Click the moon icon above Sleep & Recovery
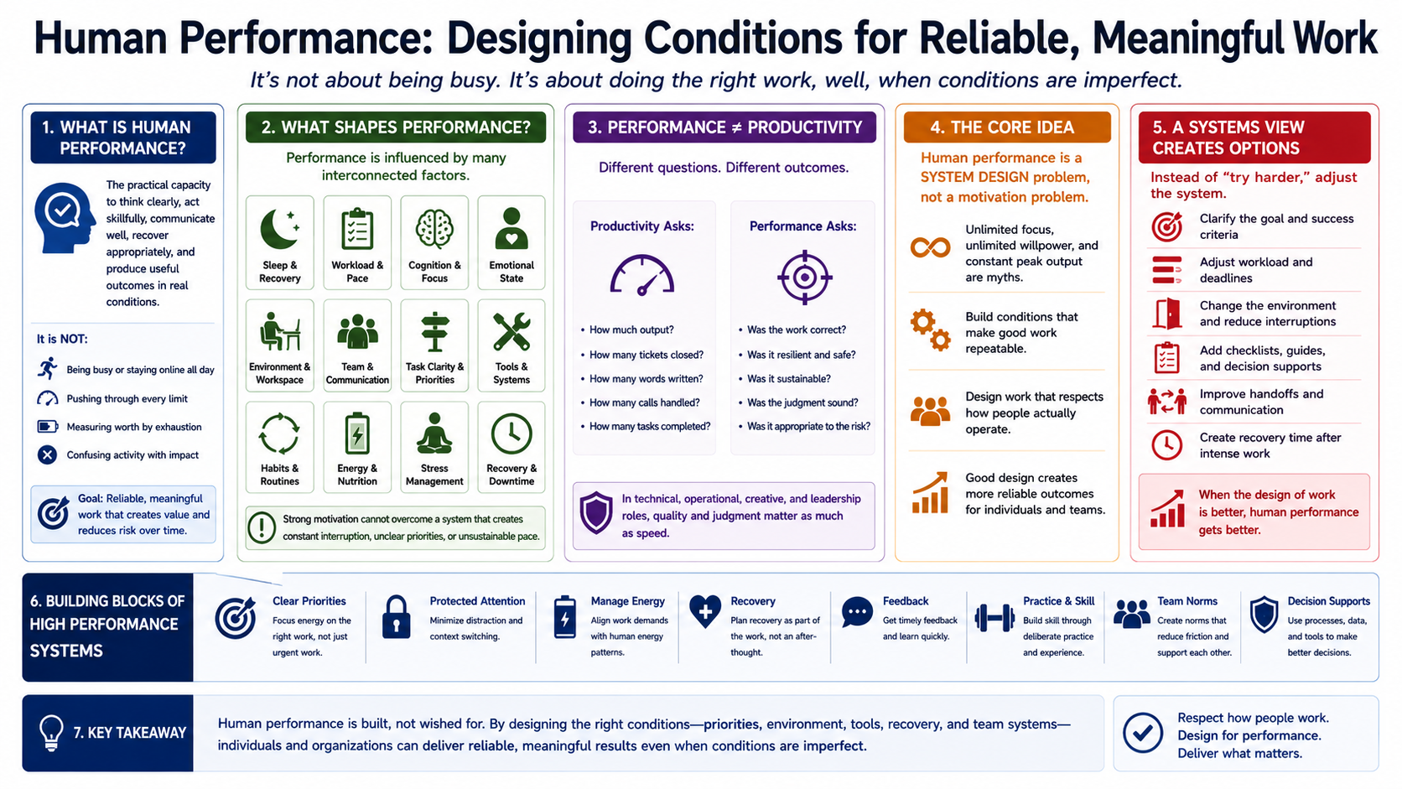278,229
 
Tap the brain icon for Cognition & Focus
434,228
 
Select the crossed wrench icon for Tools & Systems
511,332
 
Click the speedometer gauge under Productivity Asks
642,275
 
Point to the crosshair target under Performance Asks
804,277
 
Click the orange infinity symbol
930,248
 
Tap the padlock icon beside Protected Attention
396,617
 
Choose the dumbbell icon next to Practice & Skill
994,618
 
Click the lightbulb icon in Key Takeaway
51,732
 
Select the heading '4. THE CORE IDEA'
1002,127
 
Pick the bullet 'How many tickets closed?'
646,355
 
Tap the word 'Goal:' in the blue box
90,499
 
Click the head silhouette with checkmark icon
65,218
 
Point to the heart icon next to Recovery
704,611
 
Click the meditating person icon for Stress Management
434,433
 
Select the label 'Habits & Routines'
280,475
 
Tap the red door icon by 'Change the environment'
1166,314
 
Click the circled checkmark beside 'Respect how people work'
1143,733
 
